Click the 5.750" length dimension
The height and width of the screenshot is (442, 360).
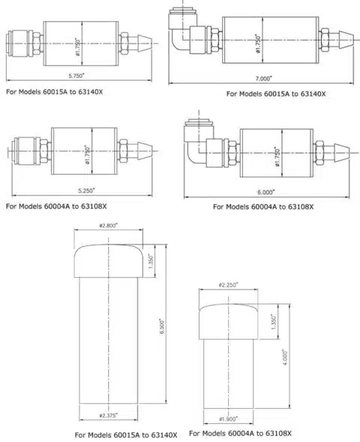tap(76, 76)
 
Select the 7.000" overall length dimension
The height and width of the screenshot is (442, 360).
tap(264, 78)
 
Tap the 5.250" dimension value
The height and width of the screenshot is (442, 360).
tap(86, 191)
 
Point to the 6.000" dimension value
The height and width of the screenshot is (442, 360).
tap(265, 192)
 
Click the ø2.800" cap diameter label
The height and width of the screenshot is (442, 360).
tap(109, 226)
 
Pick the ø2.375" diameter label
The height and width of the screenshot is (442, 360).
tap(109, 416)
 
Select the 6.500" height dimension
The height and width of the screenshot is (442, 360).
tap(162, 326)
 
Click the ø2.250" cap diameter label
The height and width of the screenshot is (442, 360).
tap(228, 285)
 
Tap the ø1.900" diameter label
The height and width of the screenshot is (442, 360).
tap(228, 419)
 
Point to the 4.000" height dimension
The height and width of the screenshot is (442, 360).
tap(285, 358)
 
